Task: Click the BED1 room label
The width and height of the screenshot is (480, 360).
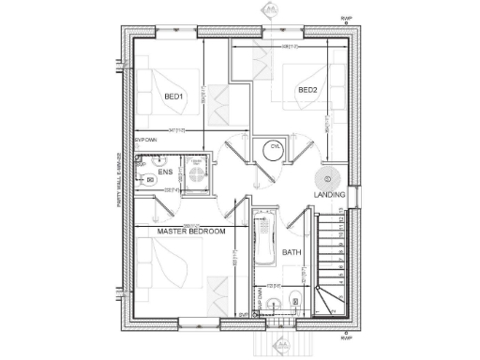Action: (x=173, y=96)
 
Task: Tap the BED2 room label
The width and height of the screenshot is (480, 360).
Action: (x=307, y=90)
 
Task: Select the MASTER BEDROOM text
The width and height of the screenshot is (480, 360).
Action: (x=191, y=232)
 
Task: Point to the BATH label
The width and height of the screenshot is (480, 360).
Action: (x=291, y=252)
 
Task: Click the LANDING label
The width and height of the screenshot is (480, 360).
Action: (x=329, y=194)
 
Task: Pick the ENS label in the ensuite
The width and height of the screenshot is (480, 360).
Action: (x=165, y=173)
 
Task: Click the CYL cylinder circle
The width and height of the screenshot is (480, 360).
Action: (x=276, y=148)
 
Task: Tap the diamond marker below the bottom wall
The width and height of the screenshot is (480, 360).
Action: (x=277, y=343)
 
